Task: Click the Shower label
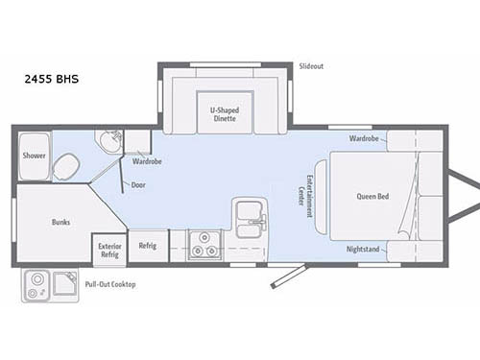35,155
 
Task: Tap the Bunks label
61,222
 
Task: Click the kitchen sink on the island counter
249,213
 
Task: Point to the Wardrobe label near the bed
364,138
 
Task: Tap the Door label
138,184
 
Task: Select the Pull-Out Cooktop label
110,285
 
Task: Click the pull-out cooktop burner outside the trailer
37,284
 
